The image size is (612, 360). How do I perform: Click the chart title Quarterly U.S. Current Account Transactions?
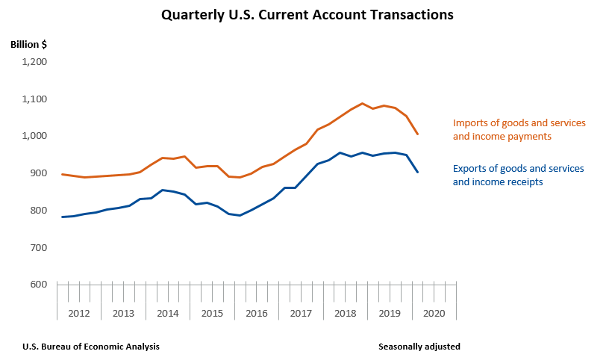307,14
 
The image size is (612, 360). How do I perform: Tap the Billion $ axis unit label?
29,44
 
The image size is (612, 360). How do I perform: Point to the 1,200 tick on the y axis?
34,62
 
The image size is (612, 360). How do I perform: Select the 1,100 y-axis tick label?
34,99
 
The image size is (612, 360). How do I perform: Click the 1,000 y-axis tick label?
34,136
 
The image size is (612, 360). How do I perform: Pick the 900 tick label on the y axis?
38,173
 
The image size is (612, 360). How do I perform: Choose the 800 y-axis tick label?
38,211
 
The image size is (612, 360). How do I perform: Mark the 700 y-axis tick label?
38,247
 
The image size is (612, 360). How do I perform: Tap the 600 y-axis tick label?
38,285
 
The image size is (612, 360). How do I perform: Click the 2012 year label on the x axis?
79,314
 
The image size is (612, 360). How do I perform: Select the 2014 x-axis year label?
168,314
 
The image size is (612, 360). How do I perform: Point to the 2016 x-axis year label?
257,314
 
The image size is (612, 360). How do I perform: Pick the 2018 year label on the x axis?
345,314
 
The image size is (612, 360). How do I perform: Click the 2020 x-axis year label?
434,314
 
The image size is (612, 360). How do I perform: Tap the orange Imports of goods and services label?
519,129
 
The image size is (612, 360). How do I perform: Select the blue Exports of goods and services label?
519,175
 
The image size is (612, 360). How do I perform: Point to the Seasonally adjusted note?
419,347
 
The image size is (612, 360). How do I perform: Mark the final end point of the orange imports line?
417,134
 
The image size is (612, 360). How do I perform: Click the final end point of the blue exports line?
417,173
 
